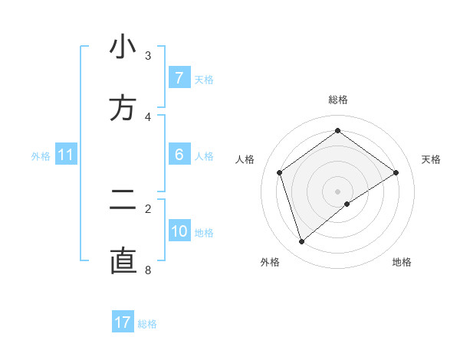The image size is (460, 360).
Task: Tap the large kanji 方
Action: point(123,108)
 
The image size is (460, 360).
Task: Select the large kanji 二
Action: point(123,201)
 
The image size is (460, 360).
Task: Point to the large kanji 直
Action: point(123,261)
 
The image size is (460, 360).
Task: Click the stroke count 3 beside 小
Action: point(148,56)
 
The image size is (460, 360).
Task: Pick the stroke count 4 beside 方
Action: point(148,116)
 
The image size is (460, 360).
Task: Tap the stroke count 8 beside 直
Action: point(148,270)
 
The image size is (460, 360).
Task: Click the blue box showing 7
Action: point(179,78)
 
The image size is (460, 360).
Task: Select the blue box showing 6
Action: point(179,155)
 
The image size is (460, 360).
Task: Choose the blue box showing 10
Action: point(179,231)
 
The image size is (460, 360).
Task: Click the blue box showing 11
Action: point(66,155)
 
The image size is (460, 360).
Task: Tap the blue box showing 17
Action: point(123,322)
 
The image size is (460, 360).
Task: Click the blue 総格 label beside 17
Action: point(147,324)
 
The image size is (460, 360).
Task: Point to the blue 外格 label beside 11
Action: point(41,156)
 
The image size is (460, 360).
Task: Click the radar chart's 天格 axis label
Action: point(432,159)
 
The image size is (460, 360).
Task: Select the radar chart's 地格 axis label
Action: point(402,262)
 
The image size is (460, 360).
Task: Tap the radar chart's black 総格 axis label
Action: point(338,100)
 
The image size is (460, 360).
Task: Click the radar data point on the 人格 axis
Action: point(280,172)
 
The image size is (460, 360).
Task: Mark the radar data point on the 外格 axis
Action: point(301,242)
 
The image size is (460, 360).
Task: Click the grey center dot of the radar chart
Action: point(338,191)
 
